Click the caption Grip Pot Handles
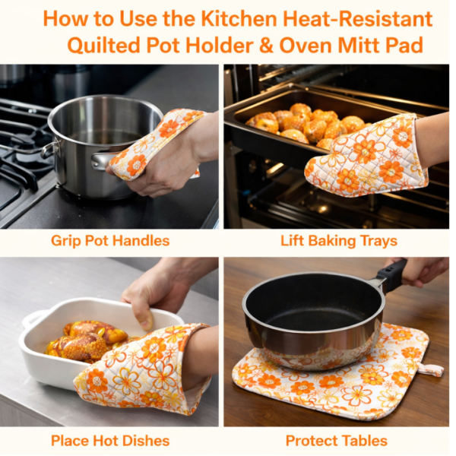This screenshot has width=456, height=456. pyautogui.click(x=110, y=241)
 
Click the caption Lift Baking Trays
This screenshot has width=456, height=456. pyautogui.click(x=338, y=241)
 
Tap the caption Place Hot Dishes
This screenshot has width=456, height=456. pyautogui.click(x=110, y=440)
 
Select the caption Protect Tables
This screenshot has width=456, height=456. pyautogui.click(x=337, y=440)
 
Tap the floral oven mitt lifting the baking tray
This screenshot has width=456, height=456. pyautogui.click(x=365, y=156)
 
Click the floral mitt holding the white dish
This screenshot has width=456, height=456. pyautogui.click(x=144, y=369)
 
